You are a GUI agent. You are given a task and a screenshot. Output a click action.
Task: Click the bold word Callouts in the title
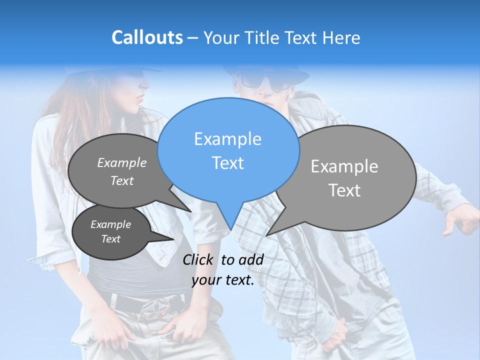(x=147, y=37)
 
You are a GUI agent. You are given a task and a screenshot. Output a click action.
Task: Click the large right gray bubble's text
(x=344, y=178)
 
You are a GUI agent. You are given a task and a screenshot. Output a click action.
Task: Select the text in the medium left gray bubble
(x=122, y=171)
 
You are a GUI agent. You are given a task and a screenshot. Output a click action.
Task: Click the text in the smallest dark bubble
(x=110, y=231)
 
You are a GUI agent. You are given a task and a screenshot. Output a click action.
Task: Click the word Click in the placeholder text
(x=198, y=259)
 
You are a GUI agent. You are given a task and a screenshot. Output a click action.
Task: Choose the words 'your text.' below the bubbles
(x=223, y=280)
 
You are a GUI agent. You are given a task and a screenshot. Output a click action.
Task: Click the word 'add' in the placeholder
(x=251, y=259)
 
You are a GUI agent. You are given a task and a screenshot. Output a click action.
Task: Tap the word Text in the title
(x=302, y=38)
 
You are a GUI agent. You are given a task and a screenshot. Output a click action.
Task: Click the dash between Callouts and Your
(x=193, y=38)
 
